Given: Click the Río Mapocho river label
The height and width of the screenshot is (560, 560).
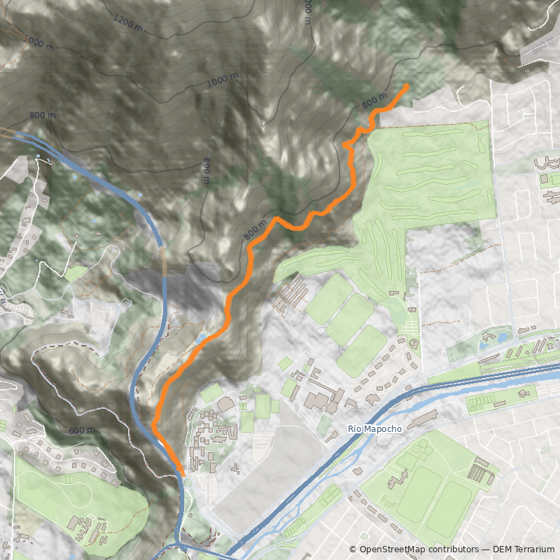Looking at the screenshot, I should point(373,428).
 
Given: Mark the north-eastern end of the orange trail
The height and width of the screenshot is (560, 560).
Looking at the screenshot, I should point(407,85).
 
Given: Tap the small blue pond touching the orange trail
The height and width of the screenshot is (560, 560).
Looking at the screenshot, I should point(202,338).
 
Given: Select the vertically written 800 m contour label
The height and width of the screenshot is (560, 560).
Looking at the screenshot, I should point(206,171).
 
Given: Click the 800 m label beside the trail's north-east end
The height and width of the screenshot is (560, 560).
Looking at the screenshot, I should point(374,101).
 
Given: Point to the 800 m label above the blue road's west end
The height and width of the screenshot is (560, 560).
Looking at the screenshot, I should point(43,115).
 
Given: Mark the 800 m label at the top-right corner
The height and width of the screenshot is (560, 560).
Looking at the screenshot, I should point(543,49).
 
